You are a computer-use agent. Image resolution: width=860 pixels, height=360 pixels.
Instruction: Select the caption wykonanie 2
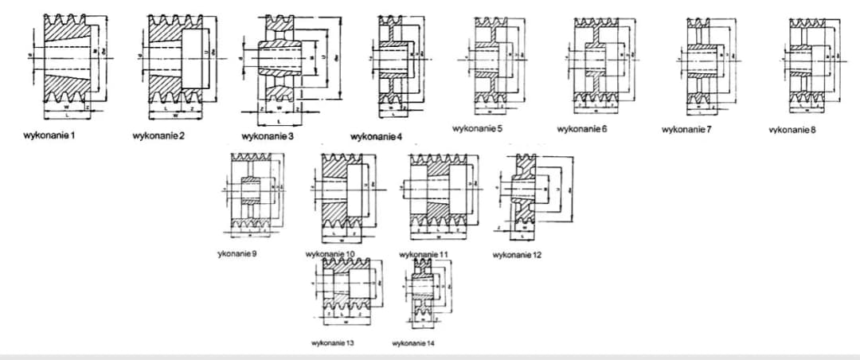[x=158, y=136]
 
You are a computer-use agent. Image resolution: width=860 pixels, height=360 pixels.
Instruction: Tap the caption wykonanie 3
[x=267, y=137]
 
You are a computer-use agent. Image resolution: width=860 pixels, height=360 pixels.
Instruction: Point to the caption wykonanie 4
[x=376, y=137]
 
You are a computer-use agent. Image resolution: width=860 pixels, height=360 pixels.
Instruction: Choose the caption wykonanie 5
[x=477, y=127]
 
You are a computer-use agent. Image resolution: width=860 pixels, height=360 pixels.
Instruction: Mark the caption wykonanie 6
[x=582, y=128]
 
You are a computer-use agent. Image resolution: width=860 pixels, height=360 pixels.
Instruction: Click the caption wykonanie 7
[x=686, y=128]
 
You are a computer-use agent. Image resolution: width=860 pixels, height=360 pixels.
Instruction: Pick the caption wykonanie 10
[x=330, y=253]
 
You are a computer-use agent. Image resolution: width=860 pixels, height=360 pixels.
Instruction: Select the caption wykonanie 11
[x=424, y=253]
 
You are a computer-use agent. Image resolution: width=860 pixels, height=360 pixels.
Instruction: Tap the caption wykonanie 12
[x=518, y=255]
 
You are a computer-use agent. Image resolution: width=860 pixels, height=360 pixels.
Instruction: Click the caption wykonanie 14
[x=413, y=342]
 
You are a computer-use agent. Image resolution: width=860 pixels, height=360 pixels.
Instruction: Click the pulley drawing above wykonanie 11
[x=438, y=194]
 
